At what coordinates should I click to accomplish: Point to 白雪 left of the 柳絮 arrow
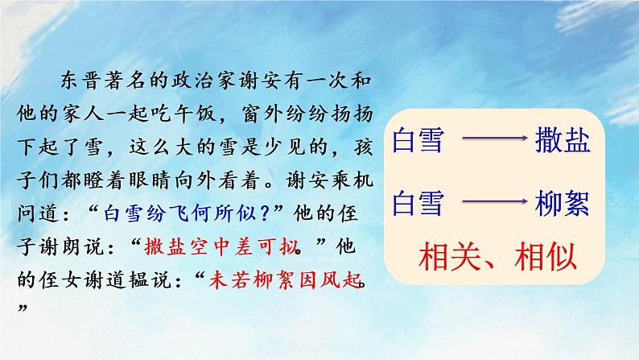(x=418, y=204)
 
